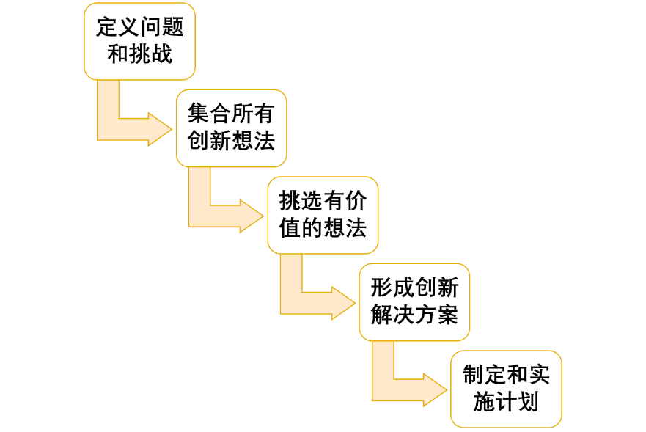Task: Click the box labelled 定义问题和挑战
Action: click(139, 41)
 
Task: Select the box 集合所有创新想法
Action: click(231, 128)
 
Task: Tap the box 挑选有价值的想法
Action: click(323, 215)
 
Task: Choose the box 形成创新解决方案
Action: click(414, 301)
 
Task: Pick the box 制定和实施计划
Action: click(506, 389)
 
